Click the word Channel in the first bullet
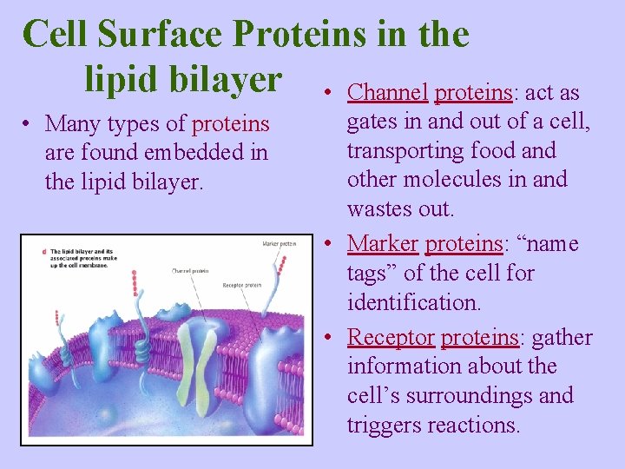coord(387,93)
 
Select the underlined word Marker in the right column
coord(383,244)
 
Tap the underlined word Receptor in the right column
coord(391,337)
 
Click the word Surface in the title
coord(163,35)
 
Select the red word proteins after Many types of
coord(230,124)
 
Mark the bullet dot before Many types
coord(30,124)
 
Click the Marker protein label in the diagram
coord(280,244)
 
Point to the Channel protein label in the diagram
coord(191,271)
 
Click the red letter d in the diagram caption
coord(44,251)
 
